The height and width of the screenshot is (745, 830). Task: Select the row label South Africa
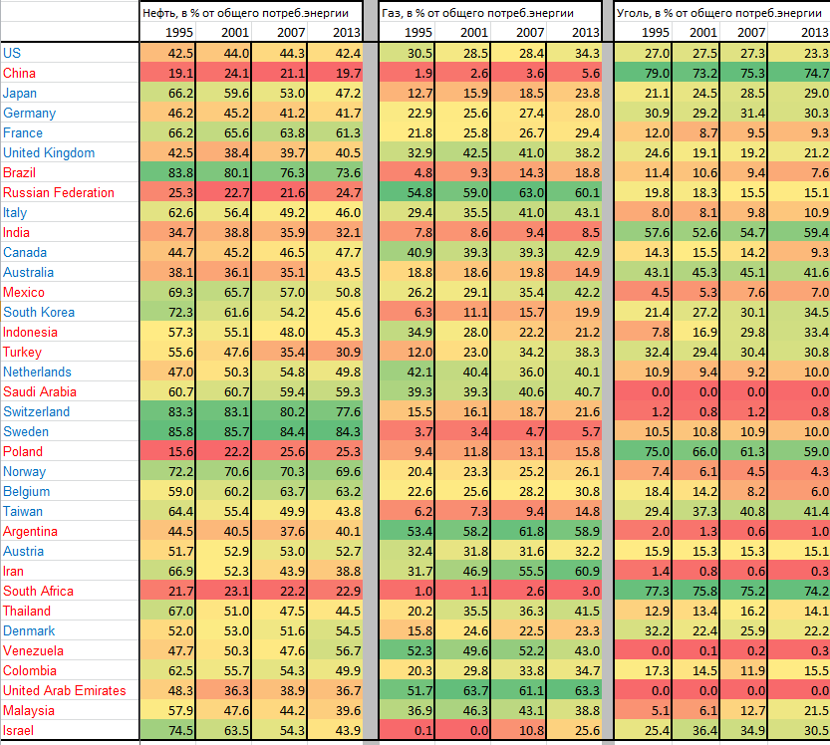pyautogui.click(x=38, y=591)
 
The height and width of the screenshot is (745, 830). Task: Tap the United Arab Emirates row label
pyautogui.click(x=64, y=690)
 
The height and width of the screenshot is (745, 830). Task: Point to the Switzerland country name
pyautogui.click(x=36, y=411)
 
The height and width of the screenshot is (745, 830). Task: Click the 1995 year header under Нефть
pyautogui.click(x=180, y=32)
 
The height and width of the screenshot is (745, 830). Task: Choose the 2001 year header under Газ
pyautogui.click(x=474, y=32)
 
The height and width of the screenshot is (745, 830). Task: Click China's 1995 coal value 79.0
pyautogui.click(x=657, y=73)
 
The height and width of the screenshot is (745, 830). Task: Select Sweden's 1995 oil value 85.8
pyautogui.click(x=180, y=431)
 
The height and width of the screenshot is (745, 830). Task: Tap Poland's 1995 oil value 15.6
pyautogui.click(x=180, y=451)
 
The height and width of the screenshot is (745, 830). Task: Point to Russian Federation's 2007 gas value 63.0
pyautogui.click(x=531, y=192)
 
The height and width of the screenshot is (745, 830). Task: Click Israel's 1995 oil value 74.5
pyautogui.click(x=180, y=730)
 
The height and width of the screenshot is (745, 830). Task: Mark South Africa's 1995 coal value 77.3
pyautogui.click(x=657, y=591)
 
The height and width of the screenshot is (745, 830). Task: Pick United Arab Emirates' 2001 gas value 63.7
pyautogui.click(x=474, y=690)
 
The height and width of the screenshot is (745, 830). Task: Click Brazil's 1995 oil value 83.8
pyautogui.click(x=180, y=172)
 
